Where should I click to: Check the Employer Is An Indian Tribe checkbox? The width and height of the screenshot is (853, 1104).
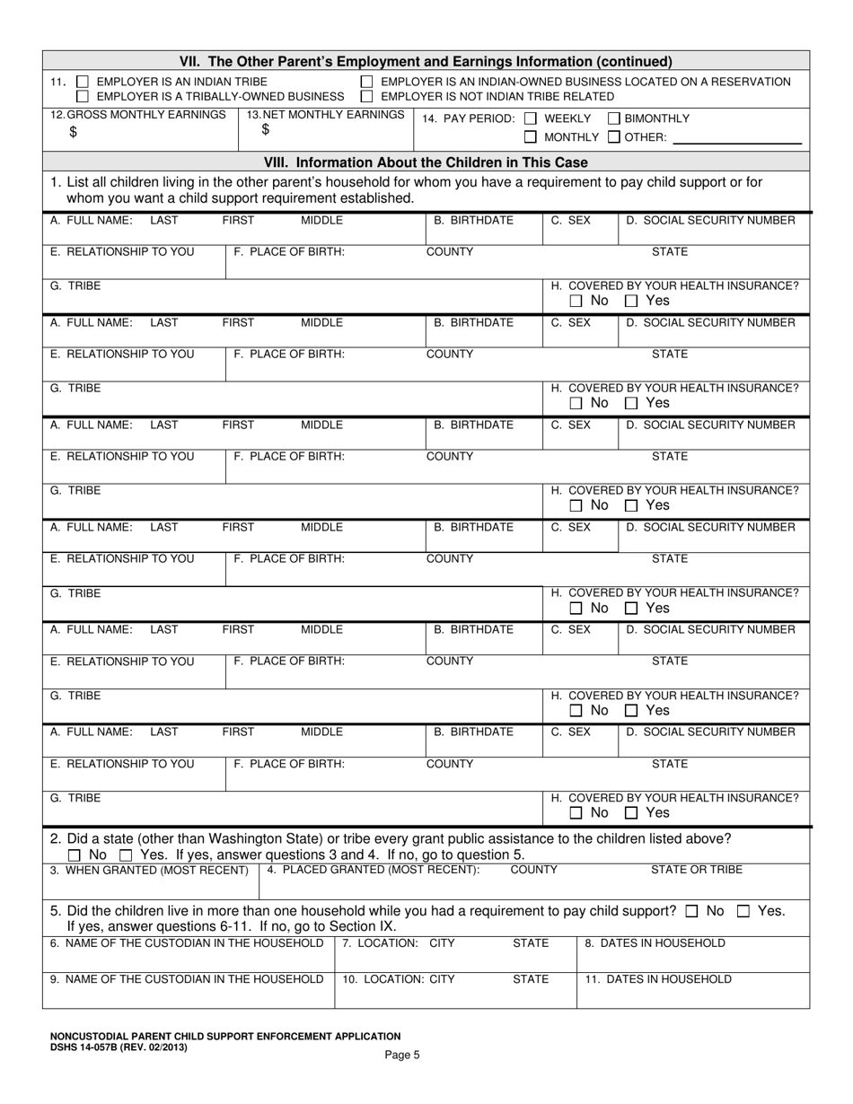point(83,82)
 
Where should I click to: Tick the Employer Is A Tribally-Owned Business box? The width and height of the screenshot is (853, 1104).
point(83,96)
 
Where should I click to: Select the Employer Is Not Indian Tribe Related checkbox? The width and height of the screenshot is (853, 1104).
point(367,96)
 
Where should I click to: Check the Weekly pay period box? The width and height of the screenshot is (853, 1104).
point(531,118)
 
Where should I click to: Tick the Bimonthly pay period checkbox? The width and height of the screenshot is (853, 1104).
point(614,118)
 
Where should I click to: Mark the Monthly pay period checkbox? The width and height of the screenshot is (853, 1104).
point(531,137)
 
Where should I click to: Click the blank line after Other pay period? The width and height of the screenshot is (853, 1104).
point(736,137)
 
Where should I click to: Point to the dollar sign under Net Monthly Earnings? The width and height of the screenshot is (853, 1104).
point(266,130)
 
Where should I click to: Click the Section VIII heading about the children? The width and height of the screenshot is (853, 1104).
point(426,162)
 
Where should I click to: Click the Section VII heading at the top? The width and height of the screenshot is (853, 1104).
point(426,62)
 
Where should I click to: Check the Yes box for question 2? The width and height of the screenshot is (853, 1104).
point(126,855)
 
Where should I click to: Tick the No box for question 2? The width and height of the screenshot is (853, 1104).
point(75,855)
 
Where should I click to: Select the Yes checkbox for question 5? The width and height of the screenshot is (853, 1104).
point(743,911)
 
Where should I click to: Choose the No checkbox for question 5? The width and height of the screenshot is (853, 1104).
point(691,911)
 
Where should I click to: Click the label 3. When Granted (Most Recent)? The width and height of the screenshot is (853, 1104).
point(149,870)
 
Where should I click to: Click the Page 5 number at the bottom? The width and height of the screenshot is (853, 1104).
point(402,1056)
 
